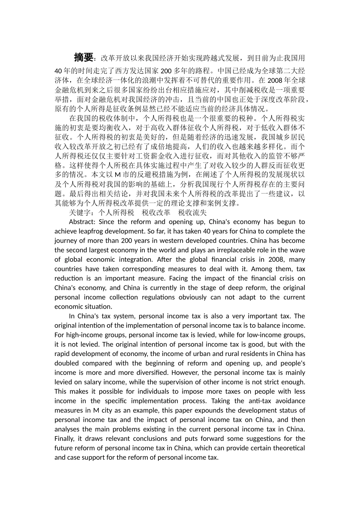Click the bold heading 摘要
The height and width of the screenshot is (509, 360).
click(x=83, y=58)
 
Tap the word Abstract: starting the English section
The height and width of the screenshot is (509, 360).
click(x=82, y=222)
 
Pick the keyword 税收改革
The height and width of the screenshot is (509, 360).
click(x=156, y=212)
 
